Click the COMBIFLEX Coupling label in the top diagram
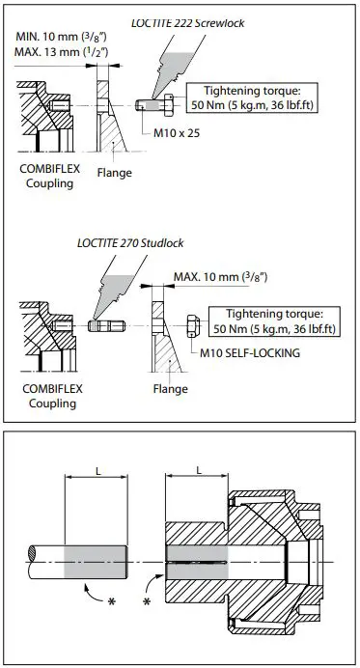[44, 176]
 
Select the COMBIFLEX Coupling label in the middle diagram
[44, 396]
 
